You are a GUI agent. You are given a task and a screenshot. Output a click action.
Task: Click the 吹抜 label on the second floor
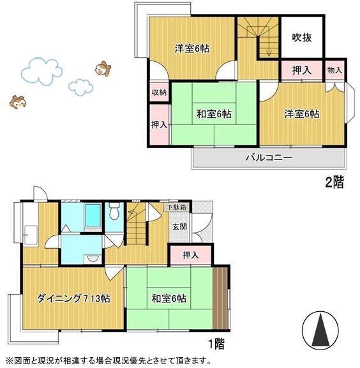(303, 38)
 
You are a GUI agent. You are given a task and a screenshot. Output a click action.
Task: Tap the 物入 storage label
(334, 70)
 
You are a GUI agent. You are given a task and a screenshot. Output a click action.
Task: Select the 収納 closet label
(159, 92)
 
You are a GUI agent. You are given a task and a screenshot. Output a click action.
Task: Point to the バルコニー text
(269, 158)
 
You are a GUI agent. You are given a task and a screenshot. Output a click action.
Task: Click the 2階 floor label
(334, 183)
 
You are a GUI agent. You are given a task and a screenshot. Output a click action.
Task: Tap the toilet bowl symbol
(115, 210)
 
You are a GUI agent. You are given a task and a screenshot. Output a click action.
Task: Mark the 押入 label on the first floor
(190, 255)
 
